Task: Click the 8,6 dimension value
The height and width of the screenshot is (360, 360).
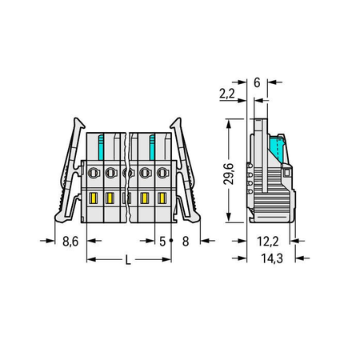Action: tap(70, 242)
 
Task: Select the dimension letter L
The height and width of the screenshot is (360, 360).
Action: tap(128, 260)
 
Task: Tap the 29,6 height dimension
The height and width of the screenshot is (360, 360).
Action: tap(229, 174)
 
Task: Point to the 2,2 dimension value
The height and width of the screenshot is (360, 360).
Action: tap(227, 94)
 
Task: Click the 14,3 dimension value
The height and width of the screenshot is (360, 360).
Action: tap(272, 258)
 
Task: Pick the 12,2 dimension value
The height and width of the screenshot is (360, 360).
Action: tap(268, 242)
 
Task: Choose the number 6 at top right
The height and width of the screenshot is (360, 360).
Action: tap(257, 82)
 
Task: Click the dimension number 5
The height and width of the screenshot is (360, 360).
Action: tap(162, 242)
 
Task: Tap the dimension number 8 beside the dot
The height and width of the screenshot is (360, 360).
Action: tap(186, 242)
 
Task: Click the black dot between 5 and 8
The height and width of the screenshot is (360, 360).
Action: tap(171, 241)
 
